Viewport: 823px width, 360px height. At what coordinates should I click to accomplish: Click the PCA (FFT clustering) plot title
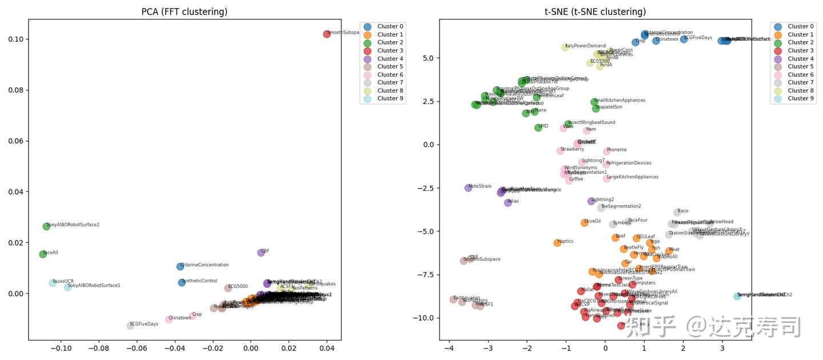pyautogui.click(x=185, y=12)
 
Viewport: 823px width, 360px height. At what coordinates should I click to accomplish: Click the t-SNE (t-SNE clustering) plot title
pyautogui.click(x=596, y=12)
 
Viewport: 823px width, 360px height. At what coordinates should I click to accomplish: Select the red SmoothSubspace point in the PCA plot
pyautogui.click(x=327, y=34)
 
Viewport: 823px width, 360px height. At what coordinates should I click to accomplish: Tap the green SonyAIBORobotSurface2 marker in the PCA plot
pyautogui.click(x=46, y=226)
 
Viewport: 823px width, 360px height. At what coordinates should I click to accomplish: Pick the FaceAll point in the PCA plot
pyautogui.click(x=43, y=254)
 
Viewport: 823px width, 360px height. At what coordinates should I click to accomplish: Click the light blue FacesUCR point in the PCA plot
pyautogui.click(x=53, y=283)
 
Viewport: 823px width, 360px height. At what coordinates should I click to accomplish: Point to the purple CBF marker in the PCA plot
pyautogui.click(x=261, y=253)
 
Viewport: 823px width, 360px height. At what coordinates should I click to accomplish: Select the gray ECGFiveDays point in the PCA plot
pyautogui.click(x=130, y=326)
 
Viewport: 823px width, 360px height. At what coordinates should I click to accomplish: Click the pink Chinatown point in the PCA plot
pyautogui.click(x=169, y=319)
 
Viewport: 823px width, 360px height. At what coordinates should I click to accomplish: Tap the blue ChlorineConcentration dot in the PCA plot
pyautogui.click(x=180, y=266)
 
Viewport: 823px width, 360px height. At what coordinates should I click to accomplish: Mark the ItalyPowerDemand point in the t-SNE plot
pyautogui.click(x=565, y=47)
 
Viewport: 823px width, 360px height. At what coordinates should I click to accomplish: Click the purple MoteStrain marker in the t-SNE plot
pyautogui.click(x=468, y=187)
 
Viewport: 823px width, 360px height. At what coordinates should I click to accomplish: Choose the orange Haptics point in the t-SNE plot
pyautogui.click(x=557, y=243)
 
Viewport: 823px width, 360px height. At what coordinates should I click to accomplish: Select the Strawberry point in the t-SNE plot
pyautogui.click(x=560, y=151)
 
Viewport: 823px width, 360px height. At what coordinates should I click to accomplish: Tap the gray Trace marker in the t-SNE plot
pyautogui.click(x=677, y=213)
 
